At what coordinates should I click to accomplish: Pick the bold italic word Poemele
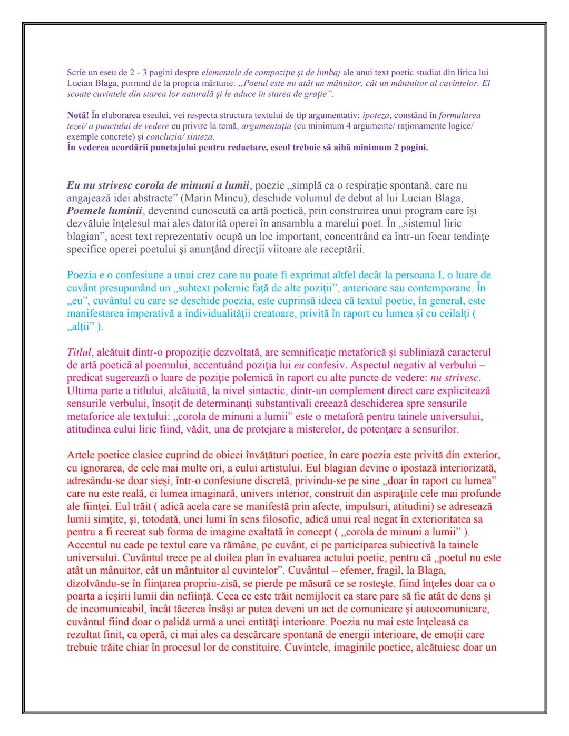tap(87, 211)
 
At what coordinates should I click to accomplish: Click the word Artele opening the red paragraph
tap(80, 455)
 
